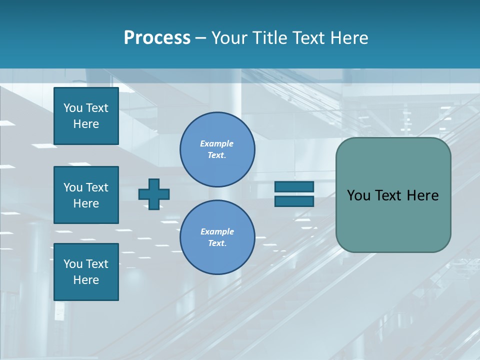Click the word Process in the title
pyautogui.click(x=157, y=38)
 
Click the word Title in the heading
pyautogui.click(x=269, y=38)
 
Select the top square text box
pyautogui.click(x=86, y=116)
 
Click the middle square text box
pyautogui.click(x=86, y=195)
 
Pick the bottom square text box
pyautogui.click(x=86, y=272)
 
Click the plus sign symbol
pyautogui.click(x=154, y=194)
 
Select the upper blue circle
pyautogui.click(x=217, y=149)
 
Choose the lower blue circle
pyautogui.click(x=217, y=237)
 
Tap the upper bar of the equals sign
pyautogui.click(x=294, y=186)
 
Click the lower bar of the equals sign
pyautogui.click(x=294, y=201)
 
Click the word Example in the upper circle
pyautogui.click(x=216, y=143)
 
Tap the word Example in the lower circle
pyautogui.click(x=217, y=231)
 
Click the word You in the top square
pyautogui.click(x=73, y=108)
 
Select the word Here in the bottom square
pyautogui.click(x=86, y=280)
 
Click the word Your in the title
pyautogui.click(x=229, y=38)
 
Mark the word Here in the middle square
pyautogui.click(x=86, y=203)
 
